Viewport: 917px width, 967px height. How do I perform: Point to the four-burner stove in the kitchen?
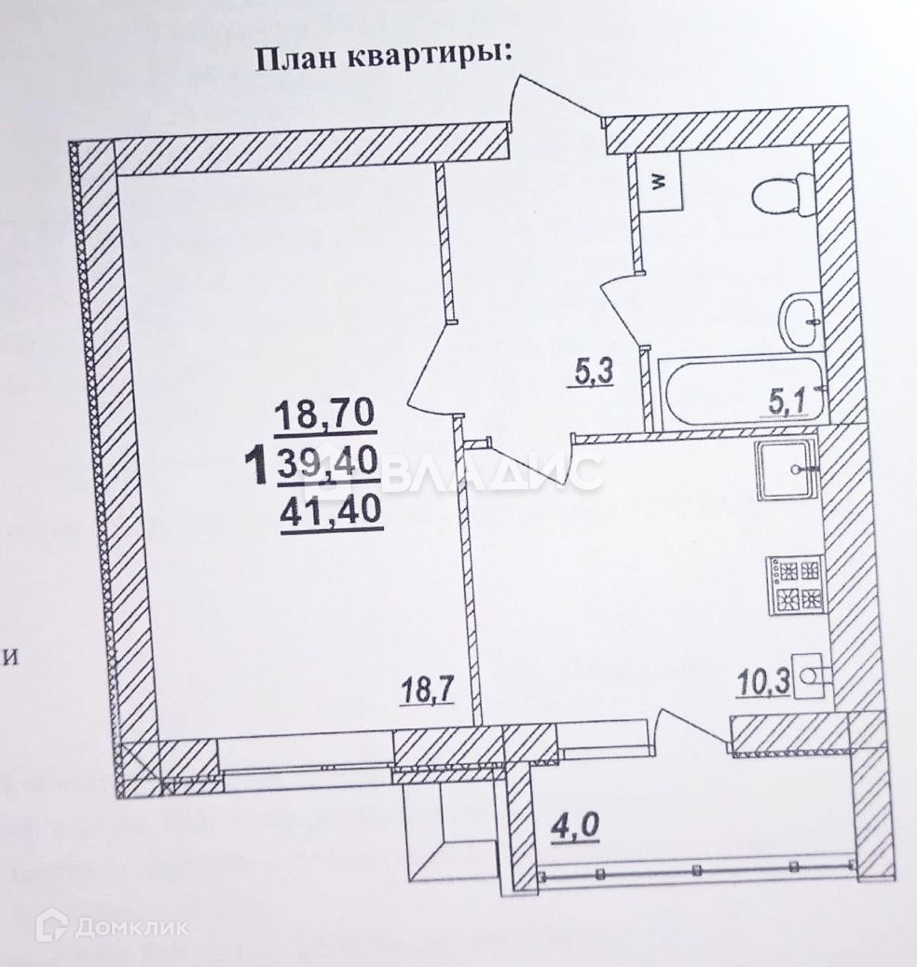point(795,583)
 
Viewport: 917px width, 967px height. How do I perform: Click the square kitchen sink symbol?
point(786,472)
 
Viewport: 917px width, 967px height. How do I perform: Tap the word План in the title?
point(285,58)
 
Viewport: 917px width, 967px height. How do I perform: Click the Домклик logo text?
point(130,926)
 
